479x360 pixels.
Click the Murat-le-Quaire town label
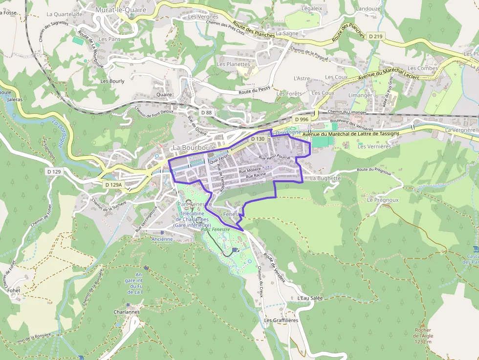pos(121,9)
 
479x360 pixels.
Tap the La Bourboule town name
pos(195,147)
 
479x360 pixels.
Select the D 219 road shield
pos(375,36)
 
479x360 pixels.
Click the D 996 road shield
pos(302,119)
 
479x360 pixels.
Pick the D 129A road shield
pos(113,185)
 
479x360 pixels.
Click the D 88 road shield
pos(206,113)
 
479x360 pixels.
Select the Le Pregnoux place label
pos(384,200)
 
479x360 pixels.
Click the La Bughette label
pos(325,178)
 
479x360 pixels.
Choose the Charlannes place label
pos(126,312)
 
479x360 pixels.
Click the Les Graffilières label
pos(281,320)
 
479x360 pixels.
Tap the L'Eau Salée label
pos(310,297)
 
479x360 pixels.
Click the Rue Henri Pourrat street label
pos(274,157)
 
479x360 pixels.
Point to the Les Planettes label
pos(233,64)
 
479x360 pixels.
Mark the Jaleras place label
pos(15,99)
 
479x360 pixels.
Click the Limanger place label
pos(360,95)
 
